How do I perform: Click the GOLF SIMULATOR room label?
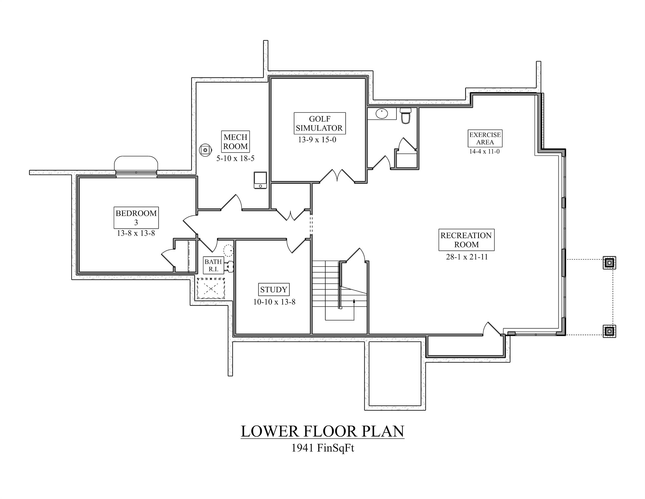(x=320, y=123)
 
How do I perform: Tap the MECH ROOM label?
(x=235, y=142)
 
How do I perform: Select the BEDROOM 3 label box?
(x=136, y=217)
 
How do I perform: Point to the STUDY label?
(x=273, y=289)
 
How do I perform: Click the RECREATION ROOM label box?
(x=466, y=240)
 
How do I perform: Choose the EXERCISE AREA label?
(x=485, y=138)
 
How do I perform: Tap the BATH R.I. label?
(x=213, y=265)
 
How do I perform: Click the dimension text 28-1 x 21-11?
(x=467, y=257)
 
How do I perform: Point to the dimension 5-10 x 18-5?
(x=235, y=158)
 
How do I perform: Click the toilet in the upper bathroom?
(x=405, y=116)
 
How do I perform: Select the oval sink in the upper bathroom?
(x=382, y=114)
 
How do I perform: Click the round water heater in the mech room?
(x=205, y=150)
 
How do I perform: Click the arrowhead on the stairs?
(x=354, y=301)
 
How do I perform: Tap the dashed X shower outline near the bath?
(x=211, y=288)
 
